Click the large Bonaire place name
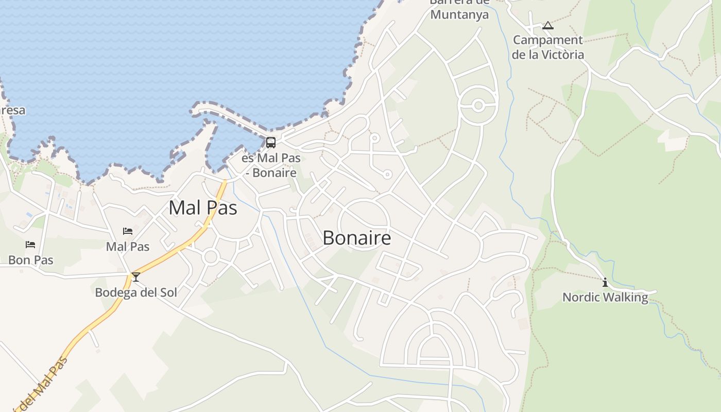coord(356,238)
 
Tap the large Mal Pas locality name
coord(203,208)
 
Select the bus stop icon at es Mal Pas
coord(271,143)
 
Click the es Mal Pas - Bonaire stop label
coord(271,165)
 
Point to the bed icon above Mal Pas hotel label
coord(128,231)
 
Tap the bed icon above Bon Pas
coord(30,245)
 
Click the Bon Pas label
coord(31,260)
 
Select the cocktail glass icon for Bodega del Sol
coord(136,277)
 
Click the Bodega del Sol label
coord(136,293)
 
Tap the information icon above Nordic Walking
coord(605,282)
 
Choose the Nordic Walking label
coord(605,297)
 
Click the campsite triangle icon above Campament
coord(548,25)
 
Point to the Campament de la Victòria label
coord(548,47)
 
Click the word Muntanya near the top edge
coord(459,14)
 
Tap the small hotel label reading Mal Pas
coord(128,247)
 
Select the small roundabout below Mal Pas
coord(211,256)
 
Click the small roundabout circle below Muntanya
coord(478,106)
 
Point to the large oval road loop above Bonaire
coord(364,225)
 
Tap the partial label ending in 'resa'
coord(12,110)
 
